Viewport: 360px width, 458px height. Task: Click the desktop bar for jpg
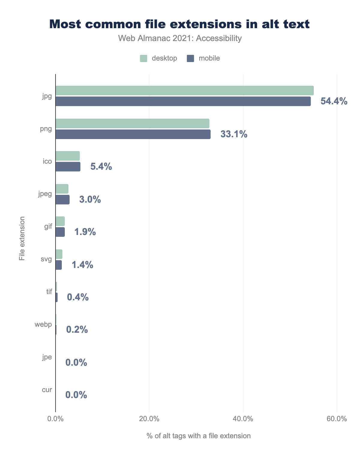tap(184, 91)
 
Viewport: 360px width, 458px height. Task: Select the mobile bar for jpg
tap(183, 102)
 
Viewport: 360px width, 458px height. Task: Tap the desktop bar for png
tap(132, 123)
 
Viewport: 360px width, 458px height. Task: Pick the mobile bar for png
tap(133, 134)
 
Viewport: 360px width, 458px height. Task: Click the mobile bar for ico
tap(68, 167)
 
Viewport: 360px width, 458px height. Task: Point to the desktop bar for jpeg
tap(62, 189)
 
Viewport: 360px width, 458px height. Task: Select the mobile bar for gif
tap(60, 232)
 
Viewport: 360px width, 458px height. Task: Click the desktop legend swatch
tap(143, 58)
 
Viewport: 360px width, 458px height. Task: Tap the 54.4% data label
tap(334, 101)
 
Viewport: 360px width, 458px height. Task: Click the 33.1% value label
tap(234, 134)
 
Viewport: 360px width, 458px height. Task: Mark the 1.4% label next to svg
tap(82, 265)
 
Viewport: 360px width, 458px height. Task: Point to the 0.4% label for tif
tap(78, 297)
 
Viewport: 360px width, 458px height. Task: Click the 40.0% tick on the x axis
tap(243, 419)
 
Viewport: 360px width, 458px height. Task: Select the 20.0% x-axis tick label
tap(149, 419)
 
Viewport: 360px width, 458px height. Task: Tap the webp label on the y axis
tap(43, 324)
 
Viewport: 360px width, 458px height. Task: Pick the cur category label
tap(47, 390)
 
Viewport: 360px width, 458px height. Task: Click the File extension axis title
tap(22, 238)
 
